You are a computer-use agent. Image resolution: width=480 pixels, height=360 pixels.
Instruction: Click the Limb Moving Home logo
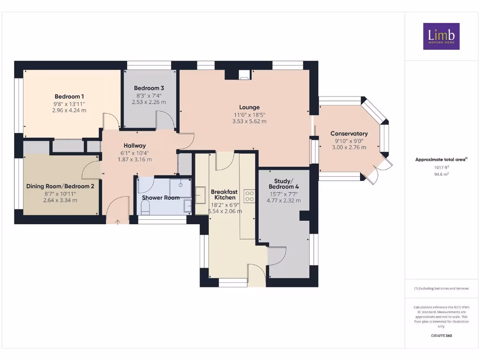pyautogui.click(x=441, y=36)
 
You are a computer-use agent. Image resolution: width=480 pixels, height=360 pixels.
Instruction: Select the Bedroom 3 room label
pyautogui.click(x=149, y=88)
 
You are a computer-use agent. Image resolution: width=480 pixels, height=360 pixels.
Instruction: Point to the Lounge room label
pyautogui.click(x=249, y=107)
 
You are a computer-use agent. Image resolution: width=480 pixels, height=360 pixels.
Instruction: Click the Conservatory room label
pyautogui.click(x=349, y=134)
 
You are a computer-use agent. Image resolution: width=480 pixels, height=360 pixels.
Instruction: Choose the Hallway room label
pyautogui.click(x=135, y=146)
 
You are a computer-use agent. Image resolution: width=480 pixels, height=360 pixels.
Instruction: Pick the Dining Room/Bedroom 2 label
pyautogui.click(x=60, y=186)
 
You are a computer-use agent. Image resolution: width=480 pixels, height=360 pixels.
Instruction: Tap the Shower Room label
pyautogui.click(x=161, y=198)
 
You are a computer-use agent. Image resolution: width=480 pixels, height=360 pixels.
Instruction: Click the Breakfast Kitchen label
pyautogui.click(x=224, y=195)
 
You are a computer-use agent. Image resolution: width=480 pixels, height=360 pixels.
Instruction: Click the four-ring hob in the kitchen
pyautogui.click(x=249, y=195)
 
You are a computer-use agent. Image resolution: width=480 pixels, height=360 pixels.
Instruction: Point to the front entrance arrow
pyautogui.click(x=118, y=221)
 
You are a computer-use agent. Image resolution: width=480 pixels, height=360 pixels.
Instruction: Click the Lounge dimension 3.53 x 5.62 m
pyautogui.click(x=249, y=121)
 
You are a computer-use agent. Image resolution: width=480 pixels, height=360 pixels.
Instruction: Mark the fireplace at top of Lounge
pyautogui.click(x=244, y=74)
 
